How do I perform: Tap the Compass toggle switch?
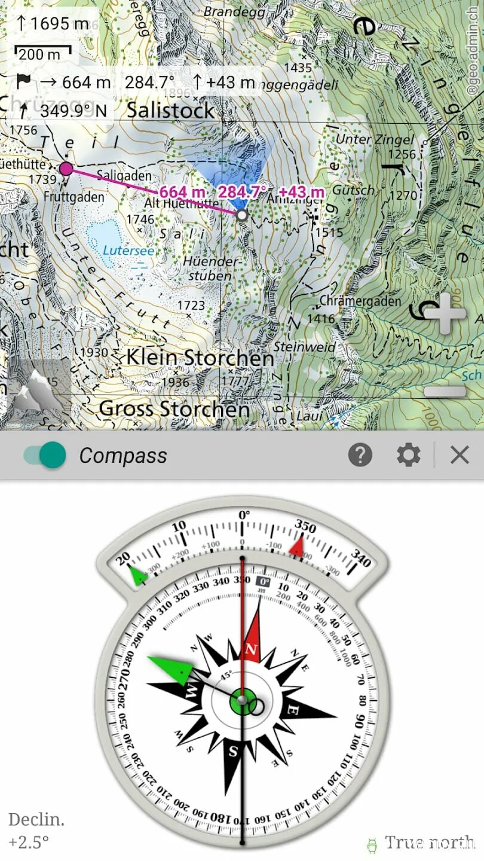tap(45, 456)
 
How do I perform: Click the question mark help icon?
tap(360, 456)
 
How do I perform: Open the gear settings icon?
tap(409, 456)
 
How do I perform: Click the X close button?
tap(460, 456)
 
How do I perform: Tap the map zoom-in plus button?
tap(445, 315)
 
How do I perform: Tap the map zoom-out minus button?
tap(445, 392)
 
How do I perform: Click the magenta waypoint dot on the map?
tap(66, 169)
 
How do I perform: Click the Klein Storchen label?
tap(200, 358)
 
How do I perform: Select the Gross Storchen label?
tap(174, 409)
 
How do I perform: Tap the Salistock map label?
tap(170, 110)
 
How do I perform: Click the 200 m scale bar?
tap(42, 54)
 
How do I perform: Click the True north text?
tap(429, 842)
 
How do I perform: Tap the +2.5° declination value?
tap(28, 842)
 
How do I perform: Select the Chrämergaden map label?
tap(360, 301)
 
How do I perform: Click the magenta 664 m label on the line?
tap(182, 193)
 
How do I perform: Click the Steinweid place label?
tap(304, 347)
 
